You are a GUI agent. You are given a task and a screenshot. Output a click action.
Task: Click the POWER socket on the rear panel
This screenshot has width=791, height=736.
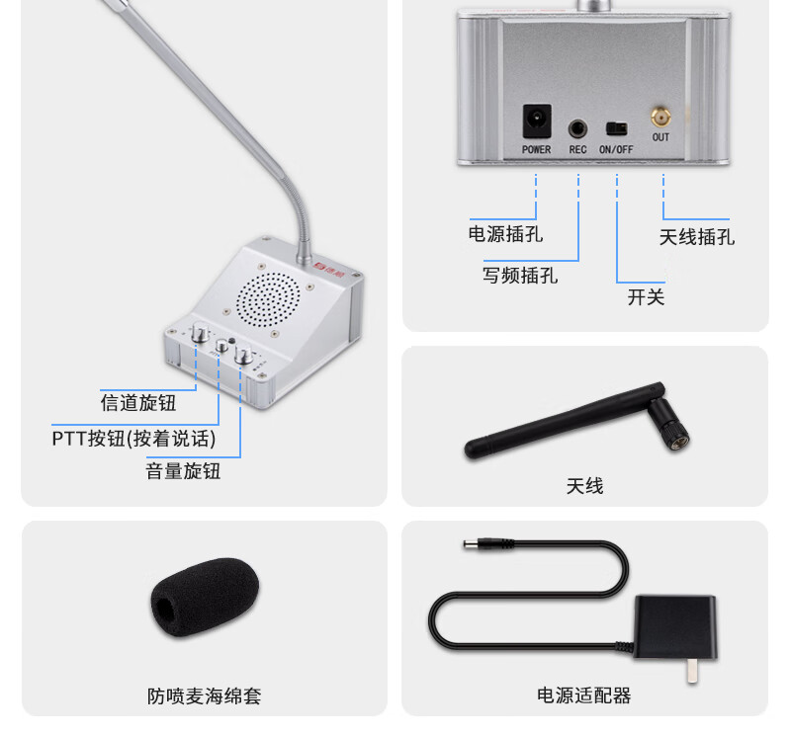point(537,121)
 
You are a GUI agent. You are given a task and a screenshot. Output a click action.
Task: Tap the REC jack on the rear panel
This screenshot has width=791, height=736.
point(577,129)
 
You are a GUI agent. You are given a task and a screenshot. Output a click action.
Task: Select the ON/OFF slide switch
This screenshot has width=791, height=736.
point(616,129)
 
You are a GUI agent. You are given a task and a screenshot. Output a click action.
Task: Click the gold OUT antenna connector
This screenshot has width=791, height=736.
point(660,118)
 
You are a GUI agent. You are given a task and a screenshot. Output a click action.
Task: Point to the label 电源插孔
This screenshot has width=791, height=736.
point(505,234)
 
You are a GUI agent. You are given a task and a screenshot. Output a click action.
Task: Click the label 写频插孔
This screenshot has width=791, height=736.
point(520,276)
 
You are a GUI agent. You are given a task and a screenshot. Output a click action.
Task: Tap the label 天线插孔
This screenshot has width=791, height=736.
point(697,237)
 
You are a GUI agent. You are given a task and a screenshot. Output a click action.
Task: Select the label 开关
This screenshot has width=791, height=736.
point(646,297)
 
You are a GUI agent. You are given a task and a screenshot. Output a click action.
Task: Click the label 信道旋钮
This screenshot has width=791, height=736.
point(138,403)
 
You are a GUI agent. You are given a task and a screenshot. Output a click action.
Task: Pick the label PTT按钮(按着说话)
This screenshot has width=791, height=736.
point(133,439)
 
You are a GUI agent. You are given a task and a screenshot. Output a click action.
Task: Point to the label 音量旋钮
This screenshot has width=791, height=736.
point(183,471)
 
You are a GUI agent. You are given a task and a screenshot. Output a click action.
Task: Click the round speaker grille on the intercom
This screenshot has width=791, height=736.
point(268,299)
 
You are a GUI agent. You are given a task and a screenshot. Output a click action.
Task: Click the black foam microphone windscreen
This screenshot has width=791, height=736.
point(205,598)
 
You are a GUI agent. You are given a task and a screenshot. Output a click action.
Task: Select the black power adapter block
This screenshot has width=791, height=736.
point(675,627)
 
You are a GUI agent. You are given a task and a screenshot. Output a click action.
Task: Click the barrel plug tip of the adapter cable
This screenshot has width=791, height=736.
point(469,544)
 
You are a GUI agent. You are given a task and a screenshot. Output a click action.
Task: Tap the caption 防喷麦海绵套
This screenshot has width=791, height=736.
point(205,696)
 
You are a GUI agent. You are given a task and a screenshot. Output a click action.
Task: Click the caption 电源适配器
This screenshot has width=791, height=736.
point(583,695)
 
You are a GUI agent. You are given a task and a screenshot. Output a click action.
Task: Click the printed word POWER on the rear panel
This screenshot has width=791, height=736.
point(536,150)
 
